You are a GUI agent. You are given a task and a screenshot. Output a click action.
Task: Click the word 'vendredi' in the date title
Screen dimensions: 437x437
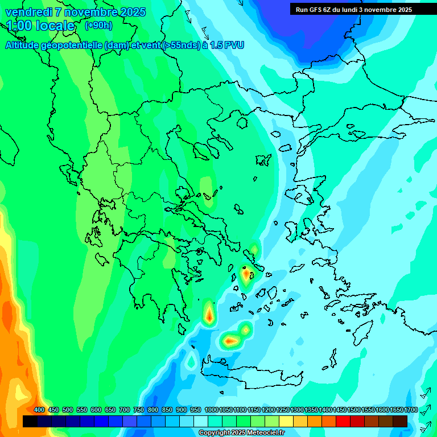(26, 12)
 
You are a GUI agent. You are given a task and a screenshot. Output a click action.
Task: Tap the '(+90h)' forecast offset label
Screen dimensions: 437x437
(98, 25)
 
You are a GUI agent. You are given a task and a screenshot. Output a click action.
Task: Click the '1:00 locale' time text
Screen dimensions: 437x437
(40, 26)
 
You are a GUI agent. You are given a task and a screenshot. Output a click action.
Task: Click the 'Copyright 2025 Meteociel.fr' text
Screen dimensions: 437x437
(241, 433)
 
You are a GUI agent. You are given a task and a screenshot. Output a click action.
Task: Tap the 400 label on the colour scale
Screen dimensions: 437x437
(39, 410)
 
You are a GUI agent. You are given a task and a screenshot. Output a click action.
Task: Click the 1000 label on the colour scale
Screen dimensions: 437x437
(211, 410)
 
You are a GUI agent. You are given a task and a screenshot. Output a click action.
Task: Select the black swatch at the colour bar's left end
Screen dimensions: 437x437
(30, 421)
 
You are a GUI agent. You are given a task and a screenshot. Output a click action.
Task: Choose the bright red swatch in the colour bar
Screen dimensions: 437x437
(343, 421)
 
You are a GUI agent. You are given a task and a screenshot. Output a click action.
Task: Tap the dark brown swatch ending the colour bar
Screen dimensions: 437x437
(400, 421)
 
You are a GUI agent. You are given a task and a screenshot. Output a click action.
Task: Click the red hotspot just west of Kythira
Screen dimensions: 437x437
(209, 315)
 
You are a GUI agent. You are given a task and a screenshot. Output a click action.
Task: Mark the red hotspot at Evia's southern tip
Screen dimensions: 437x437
(246, 275)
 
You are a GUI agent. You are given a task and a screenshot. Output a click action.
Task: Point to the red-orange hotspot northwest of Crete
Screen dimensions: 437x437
(230, 341)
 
